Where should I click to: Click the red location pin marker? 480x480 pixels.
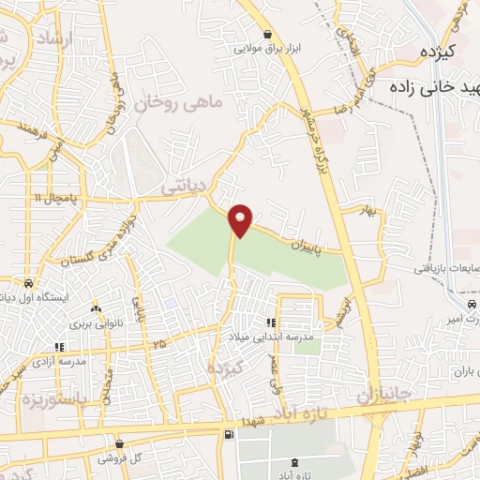pos(241,219)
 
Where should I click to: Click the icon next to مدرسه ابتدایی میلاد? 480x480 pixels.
pos(271,322)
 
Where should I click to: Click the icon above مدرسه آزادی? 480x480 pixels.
pos(59,346)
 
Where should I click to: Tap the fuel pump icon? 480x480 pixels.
pos(229,435)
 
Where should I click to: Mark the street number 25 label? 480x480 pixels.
pos(159,345)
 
